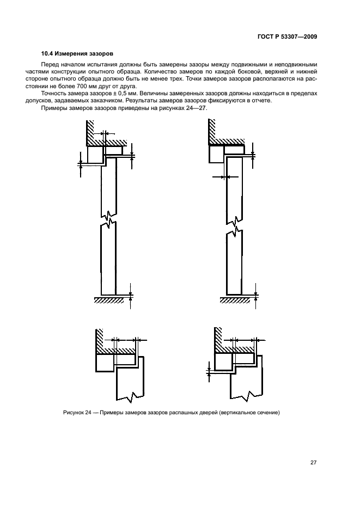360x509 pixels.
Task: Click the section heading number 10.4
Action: tap(48, 54)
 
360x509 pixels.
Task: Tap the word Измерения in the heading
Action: tap(75, 54)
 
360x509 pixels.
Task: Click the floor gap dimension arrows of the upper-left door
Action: tap(131, 295)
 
